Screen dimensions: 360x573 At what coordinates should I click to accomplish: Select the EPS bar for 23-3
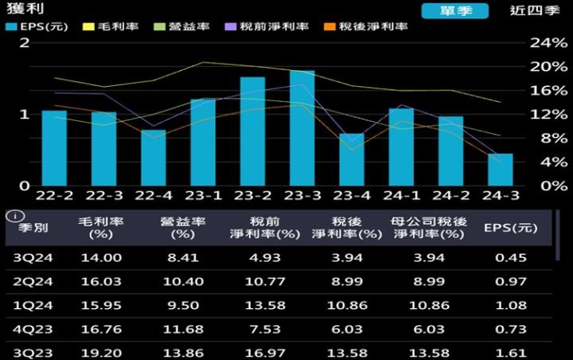coord(302,128)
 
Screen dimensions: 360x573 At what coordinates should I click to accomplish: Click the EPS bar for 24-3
coord(501,170)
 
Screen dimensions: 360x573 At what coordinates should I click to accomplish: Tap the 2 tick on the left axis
coord(25,41)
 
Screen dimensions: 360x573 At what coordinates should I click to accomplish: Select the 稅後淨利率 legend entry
coord(367,26)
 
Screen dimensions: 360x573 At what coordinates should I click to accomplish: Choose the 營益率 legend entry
coord(185,26)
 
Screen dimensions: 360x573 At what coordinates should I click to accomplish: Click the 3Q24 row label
coord(33,256)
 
